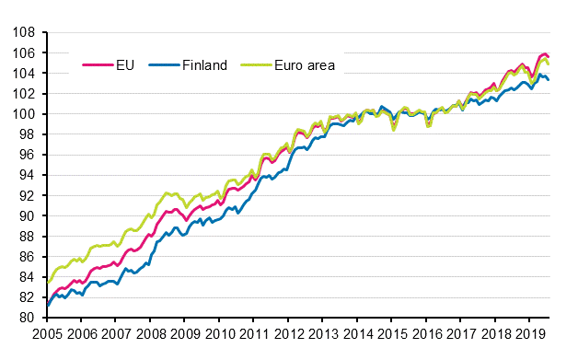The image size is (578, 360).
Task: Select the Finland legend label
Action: (x=200, y=65)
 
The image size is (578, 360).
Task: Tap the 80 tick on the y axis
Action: (x=28, y=318)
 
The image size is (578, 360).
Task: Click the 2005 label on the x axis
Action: (x=48, y=334)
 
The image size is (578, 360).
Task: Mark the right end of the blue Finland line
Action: (x=549, y=80)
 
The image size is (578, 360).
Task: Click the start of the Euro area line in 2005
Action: (x=48, y=283)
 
